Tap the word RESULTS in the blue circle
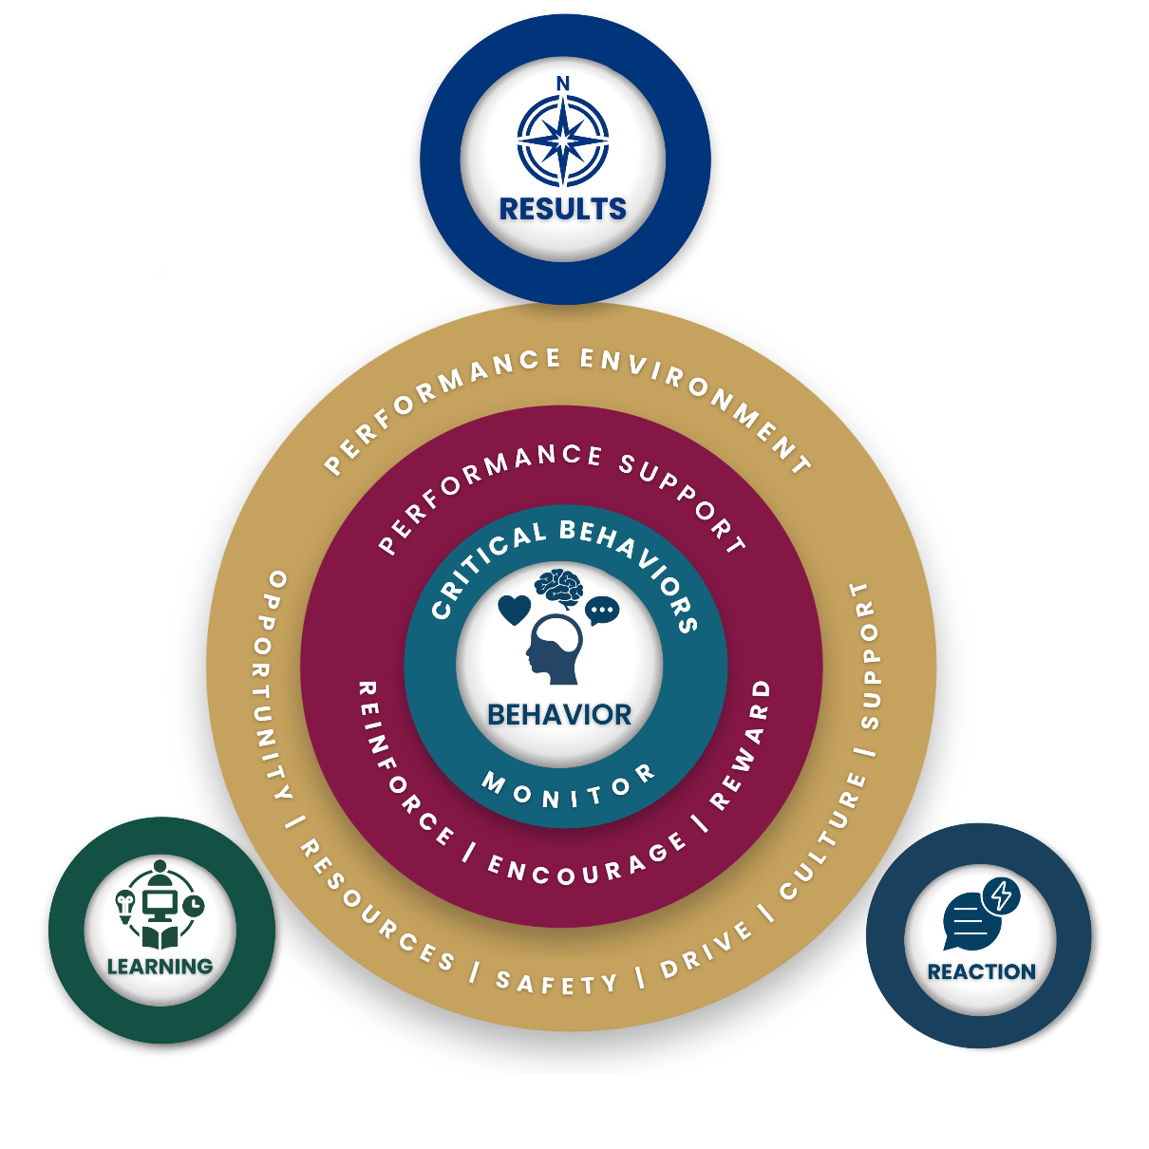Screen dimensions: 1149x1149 pos(563,209)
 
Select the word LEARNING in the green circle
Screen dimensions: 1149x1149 pos(160,967)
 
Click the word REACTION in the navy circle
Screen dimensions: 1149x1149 pos(981,971)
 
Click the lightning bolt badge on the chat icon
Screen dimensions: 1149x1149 pos(1002,895)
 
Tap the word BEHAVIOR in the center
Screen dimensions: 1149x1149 pos(559,715)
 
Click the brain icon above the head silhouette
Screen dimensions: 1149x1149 pos(558,588)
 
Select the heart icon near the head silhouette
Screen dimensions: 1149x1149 pos(514,610)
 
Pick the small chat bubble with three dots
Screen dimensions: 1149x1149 pos(602,611)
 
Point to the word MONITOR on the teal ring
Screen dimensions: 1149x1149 pos(568,789)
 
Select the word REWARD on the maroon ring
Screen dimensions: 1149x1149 pos(744,745)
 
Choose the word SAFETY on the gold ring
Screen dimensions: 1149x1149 pos(556,982)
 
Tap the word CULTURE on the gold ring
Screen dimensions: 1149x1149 pos(822,837)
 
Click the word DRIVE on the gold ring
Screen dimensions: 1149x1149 pos(707,951)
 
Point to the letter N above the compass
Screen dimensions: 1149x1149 pos(563,84)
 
